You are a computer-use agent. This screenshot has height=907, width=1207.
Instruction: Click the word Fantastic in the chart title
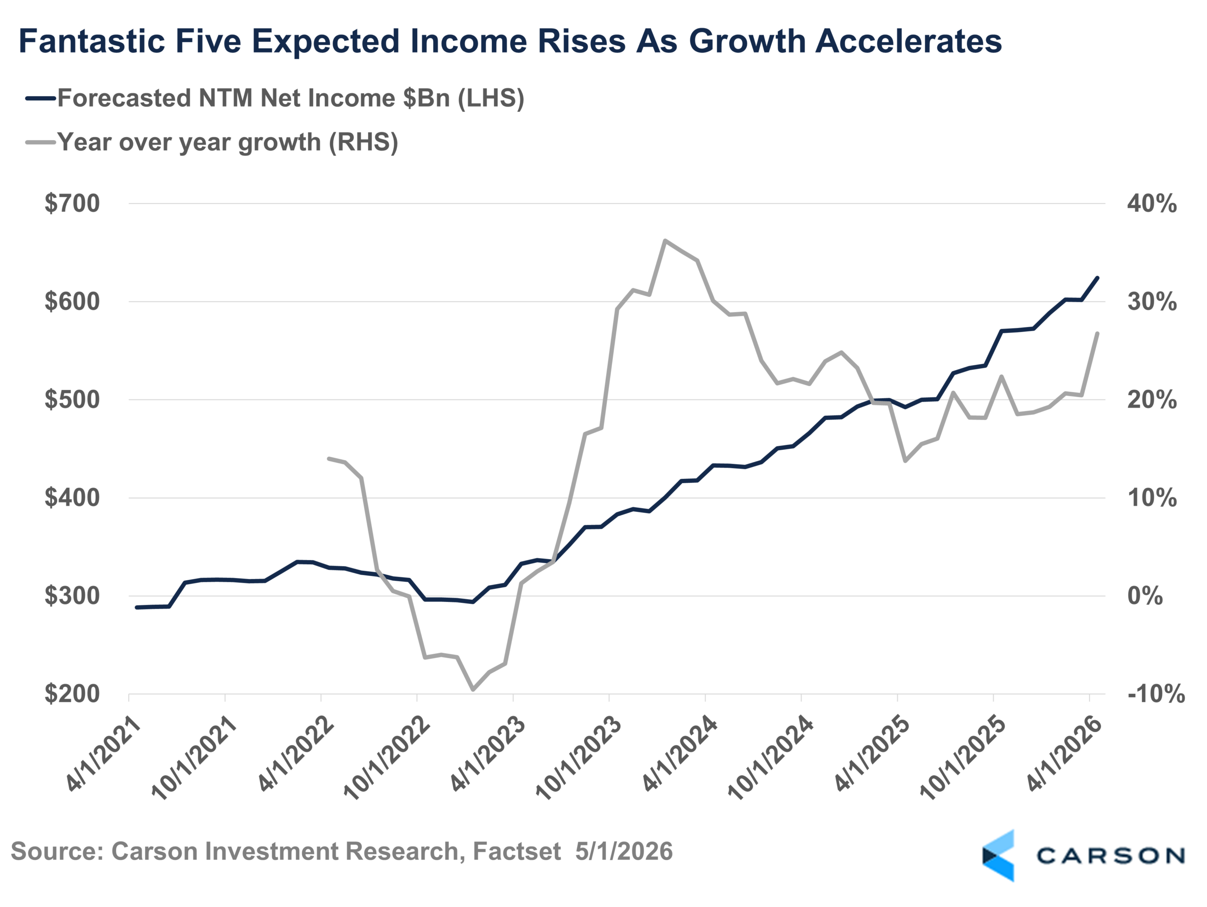pyautogui.click(x=91, y=41)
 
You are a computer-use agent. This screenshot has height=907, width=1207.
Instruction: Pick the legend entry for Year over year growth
pyautogui.click(x=212, y=142)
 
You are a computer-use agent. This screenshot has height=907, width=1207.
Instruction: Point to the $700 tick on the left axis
pyautogui.click(x=72, y=204)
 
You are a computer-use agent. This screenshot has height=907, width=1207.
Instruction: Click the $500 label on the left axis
pyautogui.click(x=72, y=399)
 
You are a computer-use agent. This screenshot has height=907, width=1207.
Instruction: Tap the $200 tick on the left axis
pyautogui.click(x=72, y=693)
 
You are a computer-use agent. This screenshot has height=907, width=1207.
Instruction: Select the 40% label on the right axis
pyautogui.click(x=1152, y=204)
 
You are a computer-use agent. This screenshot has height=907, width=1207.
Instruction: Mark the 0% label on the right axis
pyautogui.click(x=1145, y=595)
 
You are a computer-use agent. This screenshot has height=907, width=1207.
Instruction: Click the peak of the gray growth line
pyautogui.click(x=665, y=240)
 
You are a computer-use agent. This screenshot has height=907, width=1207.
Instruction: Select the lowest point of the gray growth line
pyautogui.click(x=472, y=690)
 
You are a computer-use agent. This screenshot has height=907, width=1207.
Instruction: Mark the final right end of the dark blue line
pyautogui.click(x=1097, y=278)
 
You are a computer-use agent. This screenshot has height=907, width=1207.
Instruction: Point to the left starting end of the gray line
pyautogui.click(x=328, y=458)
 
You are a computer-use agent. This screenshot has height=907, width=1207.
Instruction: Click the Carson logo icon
pyautogui.click(x=998, y=855)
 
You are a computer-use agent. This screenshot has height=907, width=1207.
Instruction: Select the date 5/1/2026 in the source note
pyautogui.click(x=624, y=851)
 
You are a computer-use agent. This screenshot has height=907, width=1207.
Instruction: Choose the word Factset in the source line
pyautogui.click(x=517, y=851)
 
